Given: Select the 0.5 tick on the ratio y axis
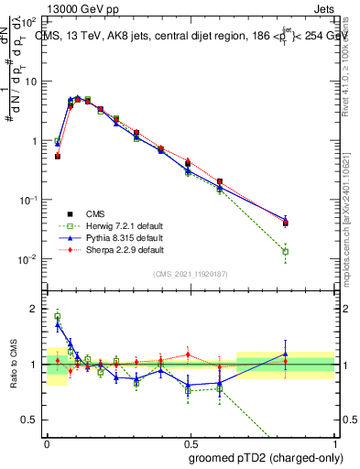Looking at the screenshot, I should point(32,419).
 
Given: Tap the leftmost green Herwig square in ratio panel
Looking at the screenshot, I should point(57,317).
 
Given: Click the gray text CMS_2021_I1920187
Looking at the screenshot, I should point(190,274).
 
